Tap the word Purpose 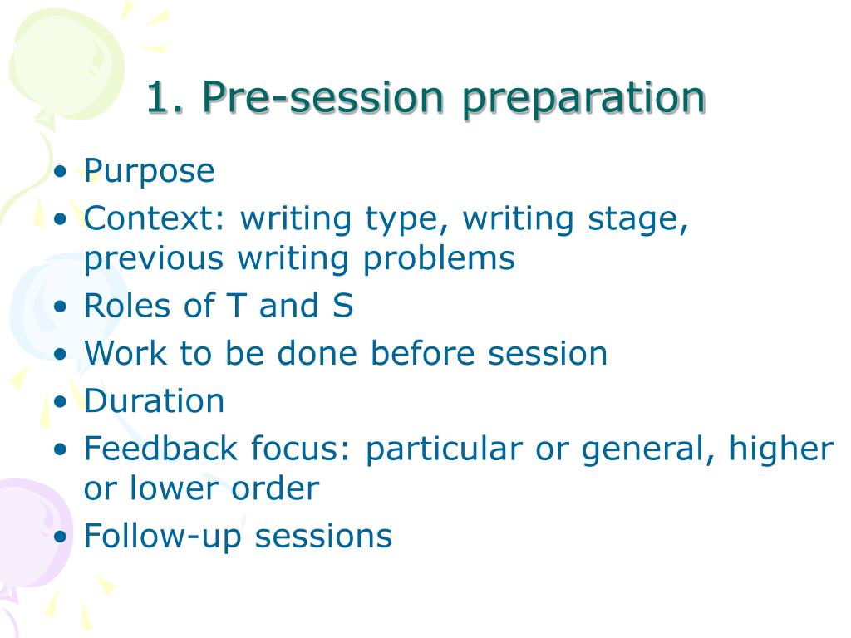(150, 172)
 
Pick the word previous (154, 259)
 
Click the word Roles (125, 306)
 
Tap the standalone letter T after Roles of (235, 306)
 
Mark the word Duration (155, 401)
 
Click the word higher (780, 449)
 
